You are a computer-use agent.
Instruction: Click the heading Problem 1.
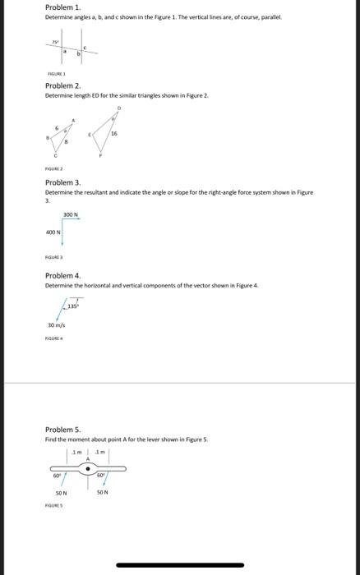(62, 7)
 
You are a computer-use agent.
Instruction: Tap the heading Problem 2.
(62, 85)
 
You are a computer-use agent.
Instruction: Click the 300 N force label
(70, 215)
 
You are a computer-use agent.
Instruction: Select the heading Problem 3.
(62, 182)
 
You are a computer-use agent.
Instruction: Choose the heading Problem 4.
(62, 276)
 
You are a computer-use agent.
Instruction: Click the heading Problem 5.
(62, 430)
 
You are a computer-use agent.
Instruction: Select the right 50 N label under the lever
(104, 492)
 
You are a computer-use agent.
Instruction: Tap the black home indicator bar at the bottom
(181, 565)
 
